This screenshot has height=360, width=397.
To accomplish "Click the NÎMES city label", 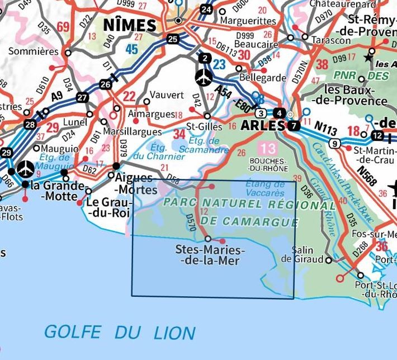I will click(129, 25).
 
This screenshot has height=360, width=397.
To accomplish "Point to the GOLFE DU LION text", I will click(120, 332).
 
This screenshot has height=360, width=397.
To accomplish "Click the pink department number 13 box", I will click(267, 149).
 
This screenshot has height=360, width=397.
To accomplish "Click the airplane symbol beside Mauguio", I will click(26, 168).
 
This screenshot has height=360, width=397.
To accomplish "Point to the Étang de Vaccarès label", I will click(264, 188).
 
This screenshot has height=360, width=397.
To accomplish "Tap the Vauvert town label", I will click(168, 95).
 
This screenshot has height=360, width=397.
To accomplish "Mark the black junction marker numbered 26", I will click(105, 84).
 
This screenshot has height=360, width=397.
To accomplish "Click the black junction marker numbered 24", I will click(207, 9).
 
